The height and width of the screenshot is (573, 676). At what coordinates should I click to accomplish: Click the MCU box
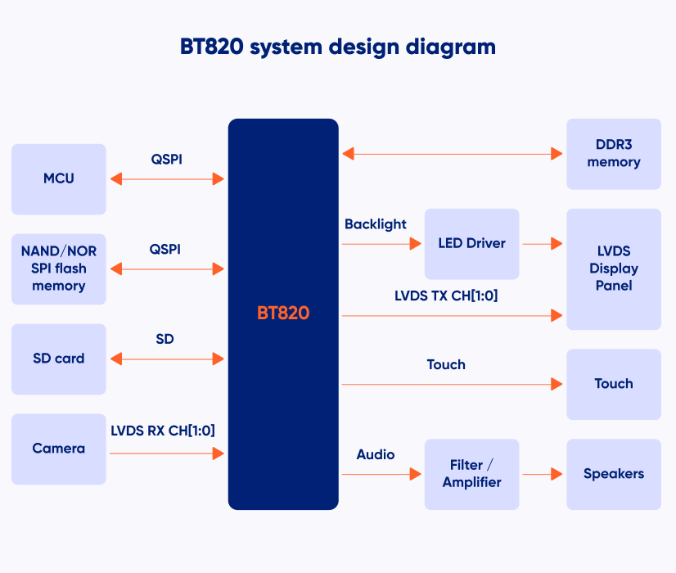(x=59, y=179)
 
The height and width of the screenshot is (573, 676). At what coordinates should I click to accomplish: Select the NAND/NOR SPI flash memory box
(x=59, y=269)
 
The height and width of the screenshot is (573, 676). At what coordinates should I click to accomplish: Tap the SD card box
(x=59, y=359)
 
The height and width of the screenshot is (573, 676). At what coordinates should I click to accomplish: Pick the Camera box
(x=59, y=449)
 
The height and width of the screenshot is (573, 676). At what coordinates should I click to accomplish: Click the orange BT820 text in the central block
(x=283, y=313)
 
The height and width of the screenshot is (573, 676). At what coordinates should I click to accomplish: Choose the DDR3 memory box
(x=614, y=154)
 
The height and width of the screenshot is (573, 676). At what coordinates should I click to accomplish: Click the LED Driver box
(x=471, y=244)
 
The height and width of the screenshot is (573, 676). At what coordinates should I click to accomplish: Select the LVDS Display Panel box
(x=614, y=269)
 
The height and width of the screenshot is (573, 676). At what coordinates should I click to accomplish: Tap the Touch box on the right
(x=614, y=384)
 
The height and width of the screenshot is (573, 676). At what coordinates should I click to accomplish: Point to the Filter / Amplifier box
(x=471, y=474)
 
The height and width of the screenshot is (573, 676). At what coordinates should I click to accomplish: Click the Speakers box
(x=614, y=474)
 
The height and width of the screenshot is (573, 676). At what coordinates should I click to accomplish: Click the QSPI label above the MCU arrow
(x=166, y=160)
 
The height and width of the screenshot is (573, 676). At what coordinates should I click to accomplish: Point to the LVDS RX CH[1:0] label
(x=163, y=431)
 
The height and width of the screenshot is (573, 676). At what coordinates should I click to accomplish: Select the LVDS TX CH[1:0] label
(x=446, y=296)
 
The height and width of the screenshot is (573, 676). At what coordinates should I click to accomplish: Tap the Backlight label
(x=375, y=224)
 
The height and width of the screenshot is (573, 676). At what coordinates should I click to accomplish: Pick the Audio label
(x=375, y=454)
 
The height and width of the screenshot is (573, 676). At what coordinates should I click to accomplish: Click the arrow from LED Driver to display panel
(x=543, y=244)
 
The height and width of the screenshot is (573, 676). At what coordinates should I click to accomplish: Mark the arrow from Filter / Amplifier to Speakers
(x=543, y=474)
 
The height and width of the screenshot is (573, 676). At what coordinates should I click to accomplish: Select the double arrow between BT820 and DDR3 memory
(x=453, y=154)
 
